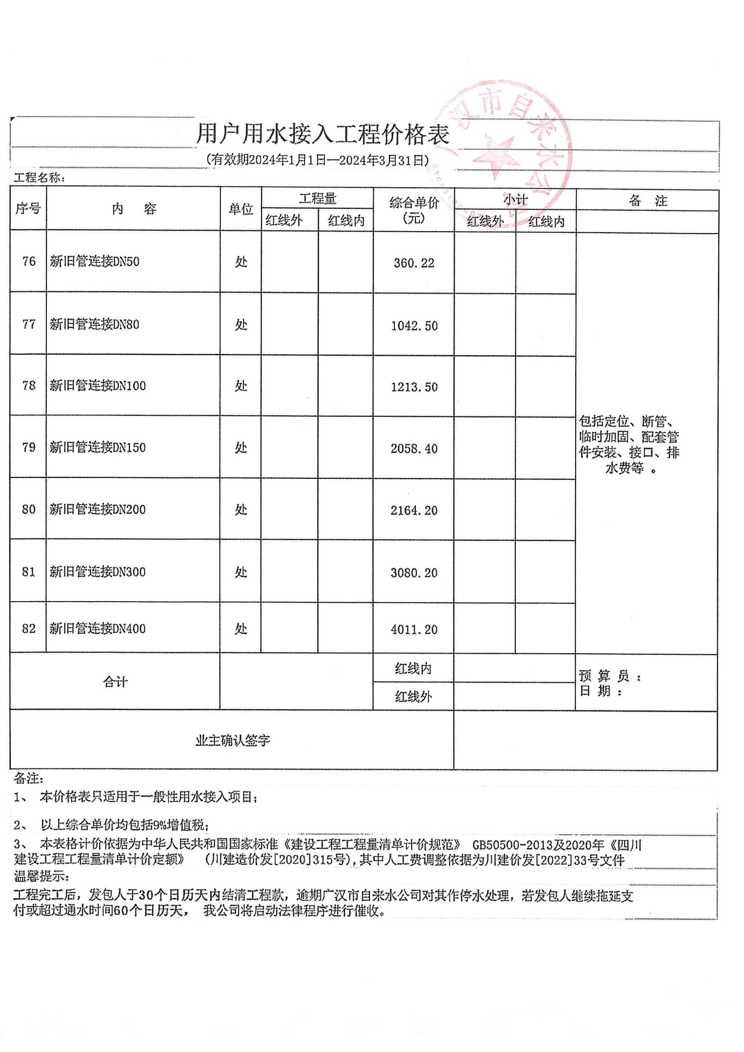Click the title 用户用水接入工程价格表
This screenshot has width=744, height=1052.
coord(322,134)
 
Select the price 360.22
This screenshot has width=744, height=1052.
coord(414,263)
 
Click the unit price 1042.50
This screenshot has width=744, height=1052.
coord(414,326)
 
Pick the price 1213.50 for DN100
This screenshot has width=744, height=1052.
coord(414,387)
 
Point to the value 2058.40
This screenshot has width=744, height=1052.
coord(414,449)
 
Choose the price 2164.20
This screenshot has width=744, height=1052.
coord(414,510)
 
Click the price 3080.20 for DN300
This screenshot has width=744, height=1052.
coord(414,573)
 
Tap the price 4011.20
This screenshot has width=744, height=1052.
coord(414,629)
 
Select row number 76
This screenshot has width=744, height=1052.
coord(28,261)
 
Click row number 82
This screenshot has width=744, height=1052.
coord(28,628)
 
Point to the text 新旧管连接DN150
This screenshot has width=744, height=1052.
coord(98,447)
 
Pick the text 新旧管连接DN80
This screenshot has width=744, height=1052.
coord(95,324)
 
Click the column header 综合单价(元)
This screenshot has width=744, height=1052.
coord(414,210)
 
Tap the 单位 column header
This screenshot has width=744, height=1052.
coord(241,209)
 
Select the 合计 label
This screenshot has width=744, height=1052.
coord(115,682)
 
